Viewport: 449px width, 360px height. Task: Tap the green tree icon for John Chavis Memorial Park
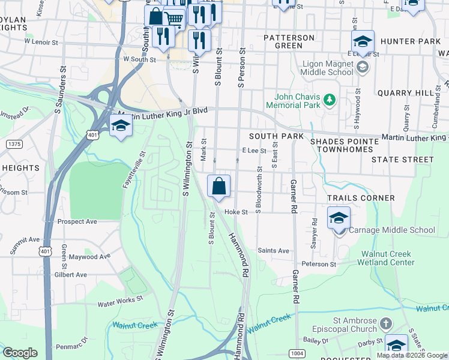point(328,99)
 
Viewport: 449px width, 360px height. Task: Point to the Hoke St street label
point(236,212)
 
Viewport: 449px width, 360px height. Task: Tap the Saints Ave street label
point(273,251)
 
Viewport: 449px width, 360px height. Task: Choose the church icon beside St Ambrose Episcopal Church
point(385,324)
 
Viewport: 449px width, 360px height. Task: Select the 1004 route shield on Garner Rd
point(297,353)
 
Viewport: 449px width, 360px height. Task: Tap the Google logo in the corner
point(20,353)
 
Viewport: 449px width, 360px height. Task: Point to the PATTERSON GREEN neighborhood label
point(289,41)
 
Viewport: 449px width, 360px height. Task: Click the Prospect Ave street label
point(77,221)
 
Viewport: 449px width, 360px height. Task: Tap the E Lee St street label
point(253,151)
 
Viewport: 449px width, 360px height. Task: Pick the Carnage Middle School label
point(392,230)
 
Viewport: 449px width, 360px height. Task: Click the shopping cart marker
point(174,19)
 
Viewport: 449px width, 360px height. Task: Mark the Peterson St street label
point(319,264)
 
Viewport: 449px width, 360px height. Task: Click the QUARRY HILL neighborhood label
point(405,93)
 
